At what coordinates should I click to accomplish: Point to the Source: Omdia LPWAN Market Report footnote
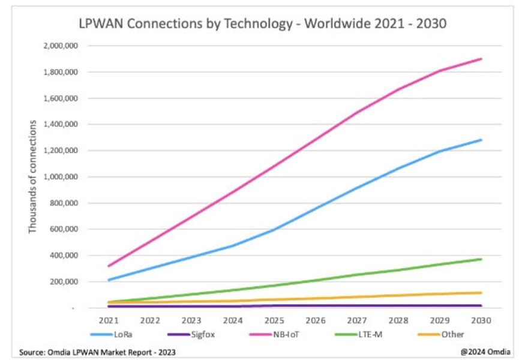(x=97, y=352)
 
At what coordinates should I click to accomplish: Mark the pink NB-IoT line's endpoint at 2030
(x=481, y=59)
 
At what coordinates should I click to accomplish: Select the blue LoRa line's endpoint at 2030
(x=481, y=140)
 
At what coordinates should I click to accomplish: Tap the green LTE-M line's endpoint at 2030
(x=481, y=259)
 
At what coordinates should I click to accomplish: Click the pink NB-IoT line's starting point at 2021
(x=109, y=266)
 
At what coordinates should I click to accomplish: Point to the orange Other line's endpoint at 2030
(x=481, y=293)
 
